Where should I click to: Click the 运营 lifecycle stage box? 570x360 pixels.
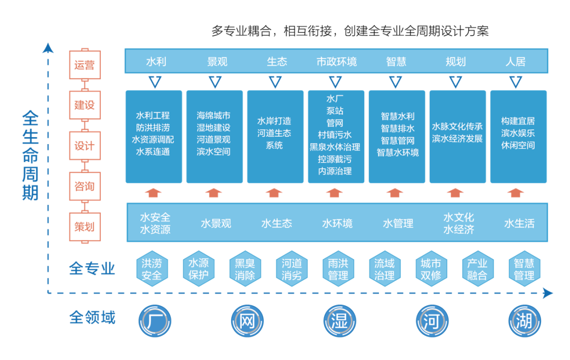84,65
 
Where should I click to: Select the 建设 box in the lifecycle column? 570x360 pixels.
84,105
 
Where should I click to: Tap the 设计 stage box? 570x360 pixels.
84,146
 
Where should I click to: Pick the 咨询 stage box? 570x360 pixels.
84,186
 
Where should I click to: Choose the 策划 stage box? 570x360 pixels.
84,227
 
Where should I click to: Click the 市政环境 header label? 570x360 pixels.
336,62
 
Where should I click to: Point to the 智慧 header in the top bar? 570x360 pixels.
396,62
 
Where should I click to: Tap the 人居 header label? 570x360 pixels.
515,62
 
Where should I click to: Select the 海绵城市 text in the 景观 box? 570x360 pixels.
213,115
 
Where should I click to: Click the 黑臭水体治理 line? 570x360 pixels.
335,147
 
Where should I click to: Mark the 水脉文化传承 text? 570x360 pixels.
457,127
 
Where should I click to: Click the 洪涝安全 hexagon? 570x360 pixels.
152,269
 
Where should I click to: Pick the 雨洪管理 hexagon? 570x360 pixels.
338,269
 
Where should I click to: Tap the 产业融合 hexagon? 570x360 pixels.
477,269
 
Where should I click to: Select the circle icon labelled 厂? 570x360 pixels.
155,320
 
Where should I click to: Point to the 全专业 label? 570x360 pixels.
92,269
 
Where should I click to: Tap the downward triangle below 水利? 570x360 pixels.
155,82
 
